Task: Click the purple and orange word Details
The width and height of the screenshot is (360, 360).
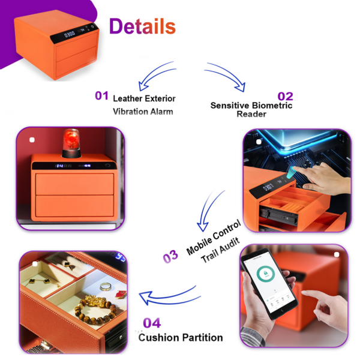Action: tap(142, 26)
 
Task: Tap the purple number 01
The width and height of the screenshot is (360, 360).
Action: tap(101, 96)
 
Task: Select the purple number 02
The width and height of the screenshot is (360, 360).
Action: tap(285, 96)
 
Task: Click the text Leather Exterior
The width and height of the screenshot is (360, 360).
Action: tap(144, 98)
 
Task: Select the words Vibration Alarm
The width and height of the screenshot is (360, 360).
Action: tap(143, 111)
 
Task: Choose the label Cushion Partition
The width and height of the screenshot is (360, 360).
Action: tap(181, 337)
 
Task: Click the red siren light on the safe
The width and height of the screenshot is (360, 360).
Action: tap(70, 143)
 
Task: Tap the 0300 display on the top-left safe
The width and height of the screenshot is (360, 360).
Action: tap(70, 34)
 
